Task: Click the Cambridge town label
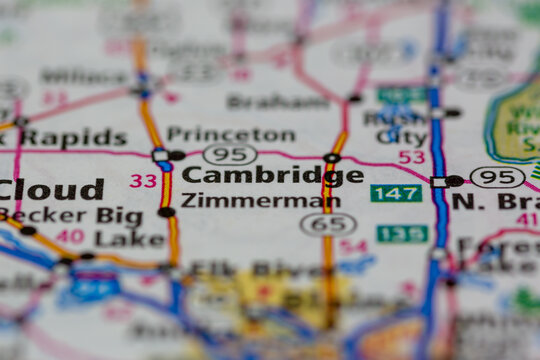(272, 176)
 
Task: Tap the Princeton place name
(230, 133)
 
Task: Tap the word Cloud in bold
(50, 189)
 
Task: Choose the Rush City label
(395, 125)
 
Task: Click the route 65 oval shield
(328, 224)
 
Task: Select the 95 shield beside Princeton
(229, 154)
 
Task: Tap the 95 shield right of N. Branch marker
(497, 177)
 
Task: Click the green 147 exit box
(396, 192)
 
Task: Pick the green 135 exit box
(402, 234)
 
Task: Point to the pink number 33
(143, 181)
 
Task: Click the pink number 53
(411, 157)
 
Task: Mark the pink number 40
(70, 237)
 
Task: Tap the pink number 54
(353, 246)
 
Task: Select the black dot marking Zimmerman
(166, 212)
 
